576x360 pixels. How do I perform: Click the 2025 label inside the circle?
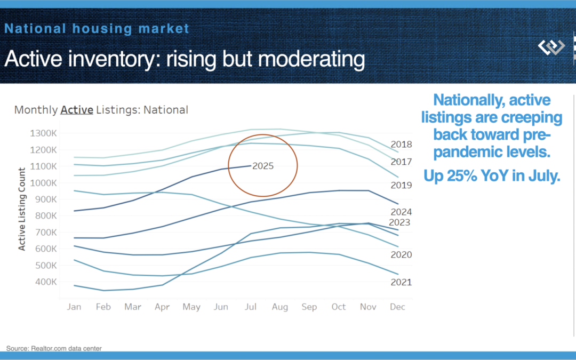pos(263,166)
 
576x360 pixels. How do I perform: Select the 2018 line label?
pos(401,144)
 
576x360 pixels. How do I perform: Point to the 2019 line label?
pos(401,185)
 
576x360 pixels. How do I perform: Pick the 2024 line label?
pos(401,212)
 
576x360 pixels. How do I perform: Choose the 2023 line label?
pos(399,222)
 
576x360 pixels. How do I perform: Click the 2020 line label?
pos(401,255)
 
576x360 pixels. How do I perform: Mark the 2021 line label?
pos(401,282)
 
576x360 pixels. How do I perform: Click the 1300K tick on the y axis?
pos(45,133)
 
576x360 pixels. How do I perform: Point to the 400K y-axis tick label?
pos(46,282)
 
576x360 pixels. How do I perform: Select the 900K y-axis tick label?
pos(46,199)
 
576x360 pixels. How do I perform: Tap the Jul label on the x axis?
pos(250,307)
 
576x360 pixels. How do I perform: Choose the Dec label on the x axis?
pos(397,307)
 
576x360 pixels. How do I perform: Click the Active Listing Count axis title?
pos(22,209)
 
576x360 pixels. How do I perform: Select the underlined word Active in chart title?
pos(77,110)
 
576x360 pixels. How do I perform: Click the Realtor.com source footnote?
pos(54,348)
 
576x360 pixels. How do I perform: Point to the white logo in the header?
pos(551,47)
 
